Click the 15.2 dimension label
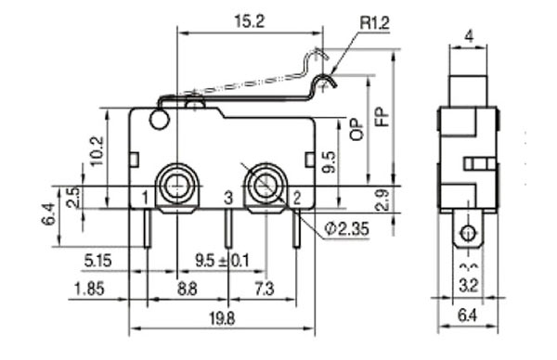point(250,21)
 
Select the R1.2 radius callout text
point(375,23)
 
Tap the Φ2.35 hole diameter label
point(346,229)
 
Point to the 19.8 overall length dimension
point(222,318)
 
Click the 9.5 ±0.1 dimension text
point(223,261)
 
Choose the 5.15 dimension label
point(97,261)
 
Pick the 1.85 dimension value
point(89,289)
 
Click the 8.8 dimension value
point(188,289)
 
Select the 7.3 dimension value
point(265,289)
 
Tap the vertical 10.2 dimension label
point(97,151)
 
